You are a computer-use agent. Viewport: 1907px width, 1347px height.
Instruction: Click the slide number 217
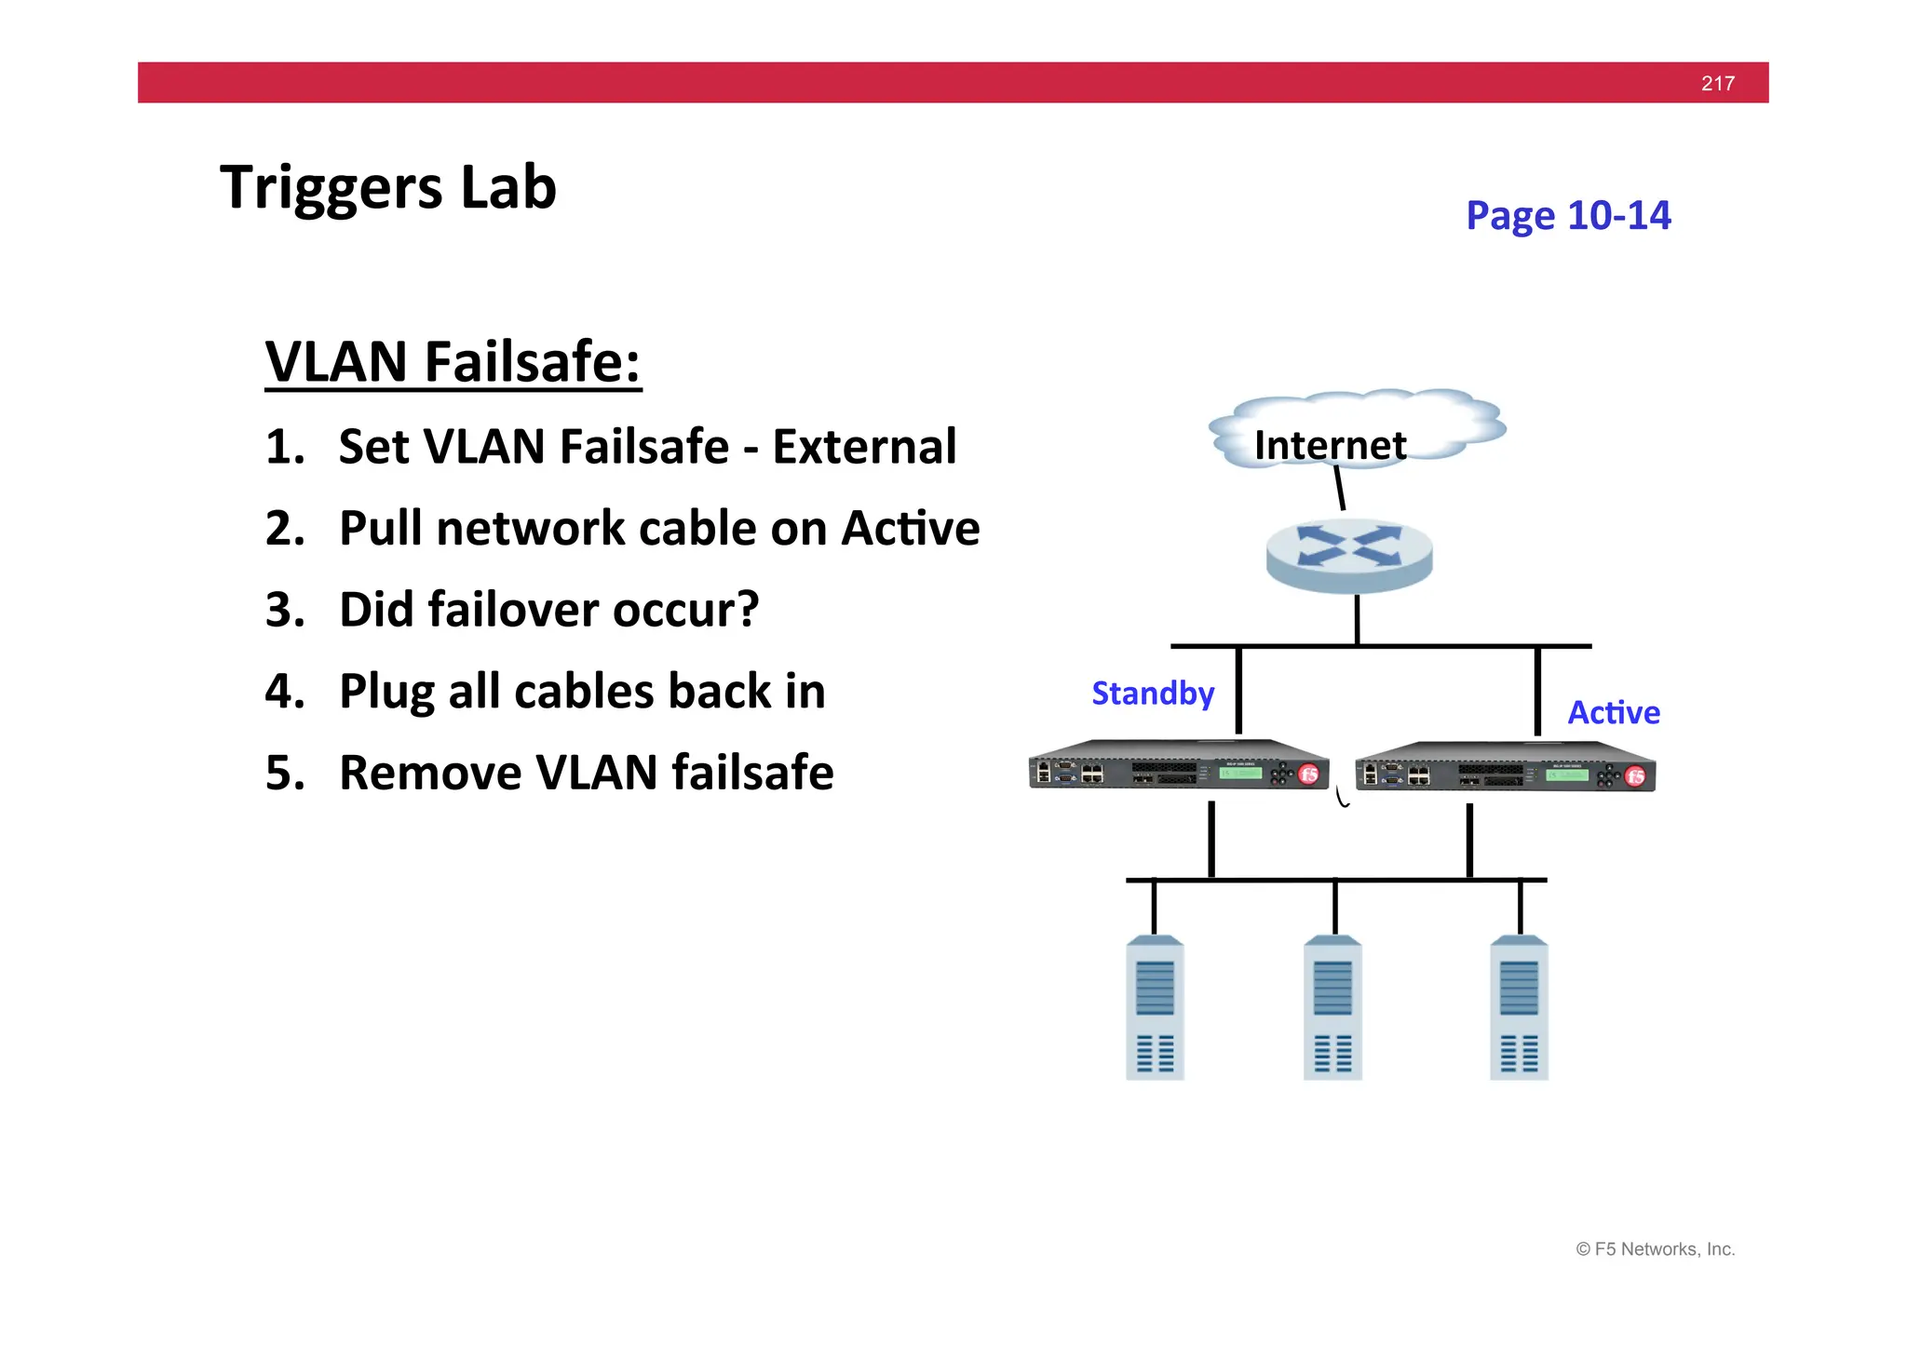coord(1717,83)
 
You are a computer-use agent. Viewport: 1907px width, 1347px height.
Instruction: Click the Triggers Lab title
coord(387,187)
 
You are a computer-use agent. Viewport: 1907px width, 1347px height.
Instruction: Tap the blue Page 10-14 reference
coord(1568,215)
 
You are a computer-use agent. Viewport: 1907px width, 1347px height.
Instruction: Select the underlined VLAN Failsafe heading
coord(453,361)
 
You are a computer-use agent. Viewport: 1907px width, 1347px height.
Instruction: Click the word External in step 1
coord(864,447)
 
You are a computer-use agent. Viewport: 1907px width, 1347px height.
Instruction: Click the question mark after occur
coord(747,610)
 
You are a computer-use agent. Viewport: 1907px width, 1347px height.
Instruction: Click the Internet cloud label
coord(1330,445)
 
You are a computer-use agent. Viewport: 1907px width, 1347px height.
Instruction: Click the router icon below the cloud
coord(1349,555)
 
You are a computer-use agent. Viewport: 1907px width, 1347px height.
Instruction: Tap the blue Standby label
coord(1153,694)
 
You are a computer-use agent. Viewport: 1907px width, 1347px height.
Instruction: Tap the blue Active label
coord(1613,713)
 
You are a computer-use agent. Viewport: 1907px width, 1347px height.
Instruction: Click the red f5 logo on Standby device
coord(1308,775)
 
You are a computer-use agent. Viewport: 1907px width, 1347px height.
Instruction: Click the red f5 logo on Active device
coord(1635,776)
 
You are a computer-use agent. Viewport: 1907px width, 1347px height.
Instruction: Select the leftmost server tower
coord(1155,1008)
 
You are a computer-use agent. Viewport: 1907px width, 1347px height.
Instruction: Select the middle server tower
coord(1332,1008)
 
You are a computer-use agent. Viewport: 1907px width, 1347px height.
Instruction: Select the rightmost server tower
coord(1519,1008)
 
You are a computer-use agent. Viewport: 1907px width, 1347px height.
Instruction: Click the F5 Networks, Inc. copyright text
coord(1655,1249)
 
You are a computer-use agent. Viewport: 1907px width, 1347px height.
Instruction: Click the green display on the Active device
coord(1567,775)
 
